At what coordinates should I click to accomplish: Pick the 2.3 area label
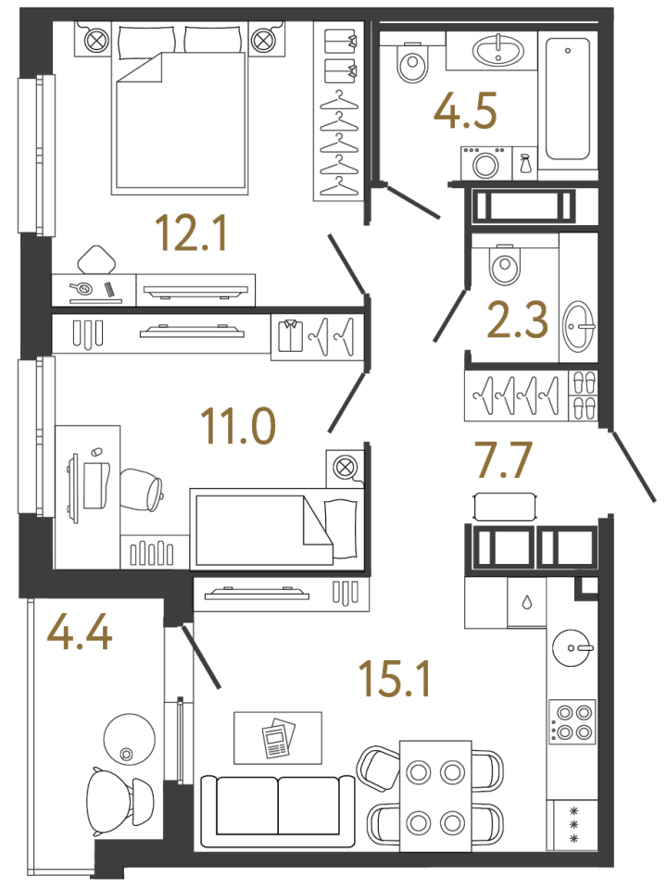[x=518, y=319]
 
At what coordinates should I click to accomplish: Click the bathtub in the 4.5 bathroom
[x=567, y=99]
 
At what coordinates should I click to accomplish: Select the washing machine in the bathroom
[x=485, y=163]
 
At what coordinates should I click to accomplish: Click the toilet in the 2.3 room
[x=505, y=265]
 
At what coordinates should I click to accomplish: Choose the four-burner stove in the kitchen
[x=573, y=721]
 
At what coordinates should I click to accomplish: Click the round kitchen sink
[x=573, y=647]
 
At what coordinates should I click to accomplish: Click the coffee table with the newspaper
[x=278, y=738]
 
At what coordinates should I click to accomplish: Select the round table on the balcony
[x=130, y=738]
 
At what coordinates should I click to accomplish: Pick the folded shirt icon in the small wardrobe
[x=291, y=337]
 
